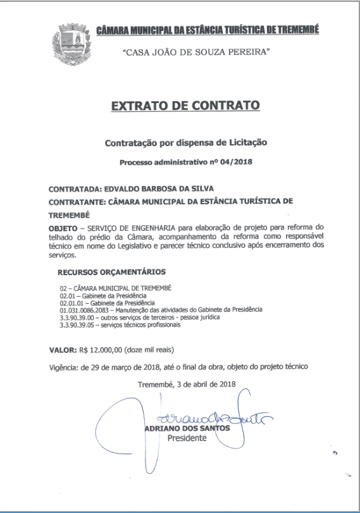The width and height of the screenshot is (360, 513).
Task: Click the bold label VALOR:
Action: point(63,349)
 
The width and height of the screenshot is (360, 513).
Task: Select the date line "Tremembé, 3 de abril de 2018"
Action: point(186,385)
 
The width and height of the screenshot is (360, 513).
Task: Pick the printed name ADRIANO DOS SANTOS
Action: point(186,428)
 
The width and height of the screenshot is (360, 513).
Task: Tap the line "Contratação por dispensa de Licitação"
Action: point(186,143)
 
